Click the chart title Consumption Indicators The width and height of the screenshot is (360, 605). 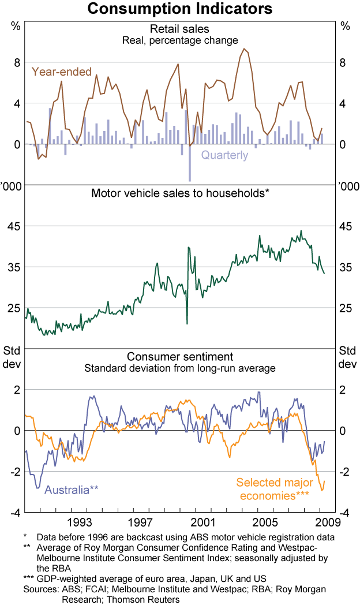click(x=180, y=9)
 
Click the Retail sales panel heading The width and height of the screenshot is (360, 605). click(x=179, y=29)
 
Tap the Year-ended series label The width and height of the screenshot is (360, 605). click(x=62, y=72)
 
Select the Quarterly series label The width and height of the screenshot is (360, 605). click(x=224, y=155)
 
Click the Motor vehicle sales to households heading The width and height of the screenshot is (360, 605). click(x=180, y=193)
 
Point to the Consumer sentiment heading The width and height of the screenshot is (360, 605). click(x=179, y=356)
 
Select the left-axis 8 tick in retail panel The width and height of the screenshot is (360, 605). click(x=17, y=62)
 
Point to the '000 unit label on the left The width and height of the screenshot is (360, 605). click(x=11, y=185)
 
